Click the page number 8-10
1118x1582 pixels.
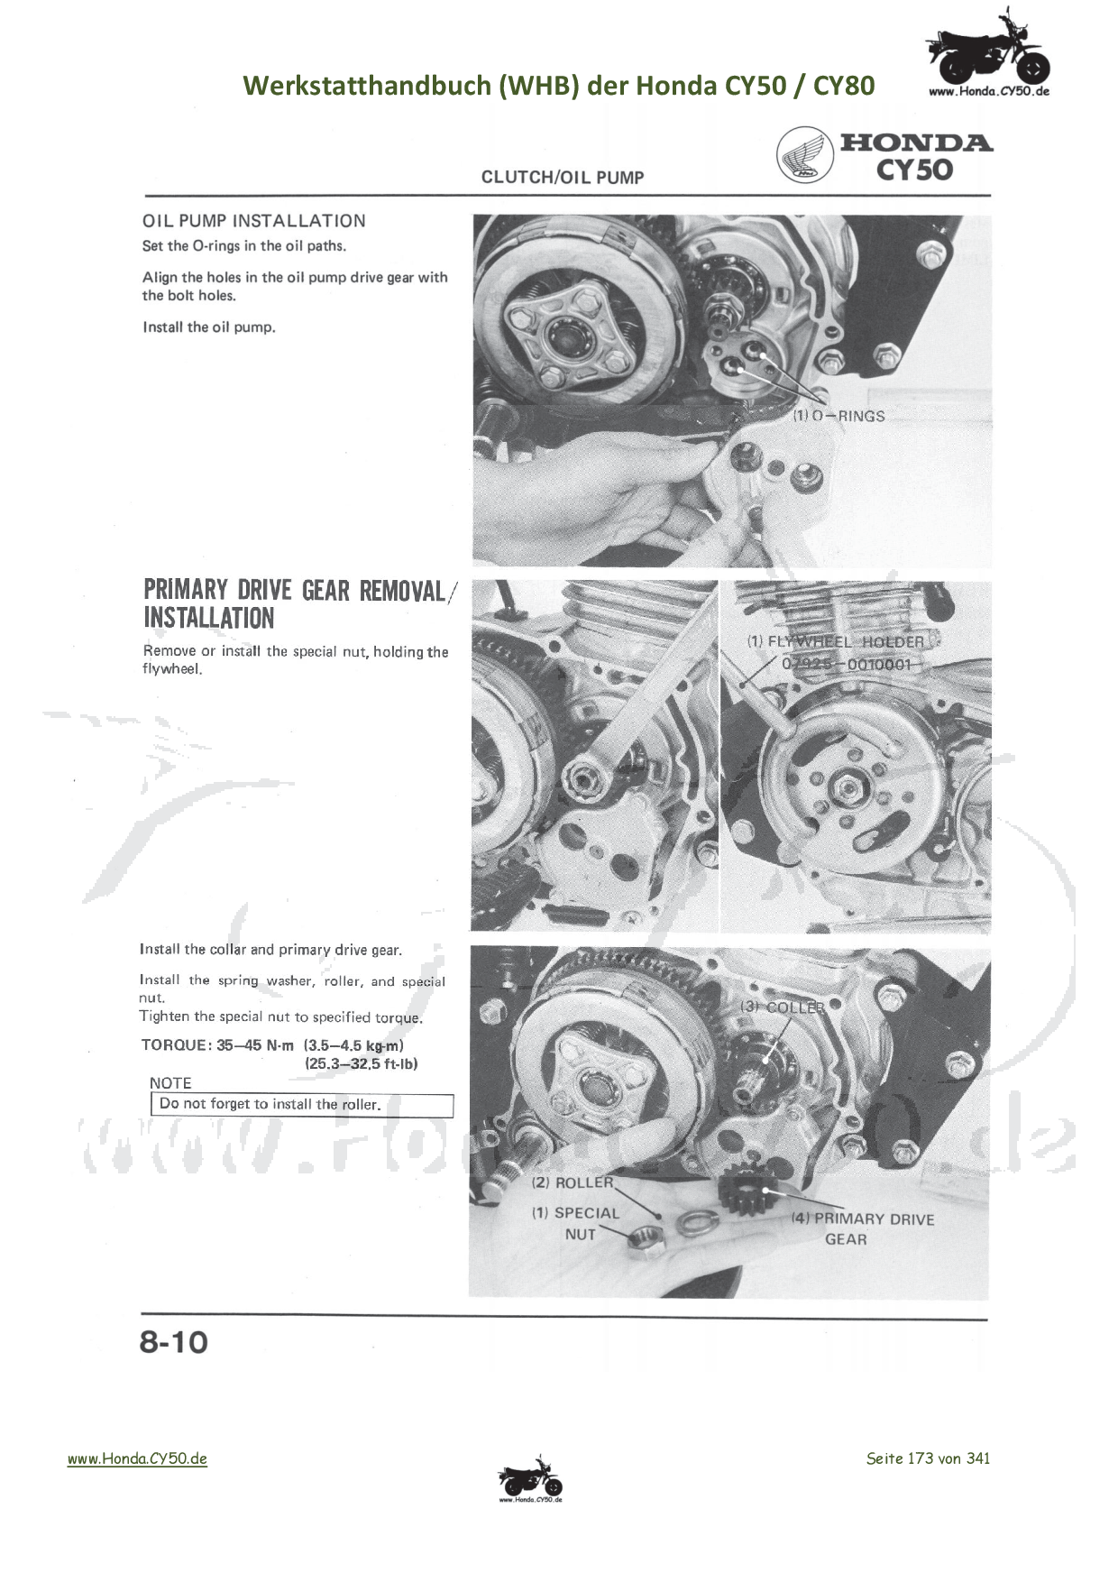click(x=174, y=1342)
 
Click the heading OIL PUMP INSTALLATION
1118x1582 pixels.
click(x=254, y=221)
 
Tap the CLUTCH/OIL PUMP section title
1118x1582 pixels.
click(x=563, y=178)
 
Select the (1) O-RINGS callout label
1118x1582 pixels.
click(x=838, y=417)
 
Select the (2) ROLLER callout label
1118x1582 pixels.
click(x=573, y=1182)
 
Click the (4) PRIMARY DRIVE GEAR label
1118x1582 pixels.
click(x=863, y=1228)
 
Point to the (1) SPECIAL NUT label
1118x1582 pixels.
click(x=576, y=1224)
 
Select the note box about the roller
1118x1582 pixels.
click(x=302, y=1105)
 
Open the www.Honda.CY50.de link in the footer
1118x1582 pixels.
click(x=137, y=1458)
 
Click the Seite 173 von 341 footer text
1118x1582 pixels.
click(x=928, y=1458)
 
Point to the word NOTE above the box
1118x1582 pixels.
click(x=170, y=1083)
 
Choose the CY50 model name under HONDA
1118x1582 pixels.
click(x=914, y=170)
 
